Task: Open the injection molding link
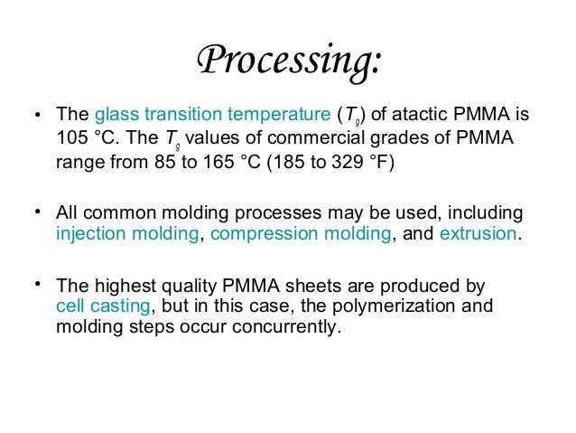coord(126,234)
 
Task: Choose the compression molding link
coord(301,234)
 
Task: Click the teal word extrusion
coord(478,234)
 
